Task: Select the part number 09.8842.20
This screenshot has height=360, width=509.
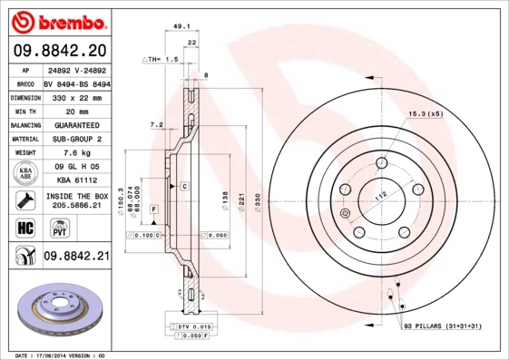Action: tap(60, 50)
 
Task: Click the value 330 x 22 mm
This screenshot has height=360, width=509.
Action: tap(75, 96)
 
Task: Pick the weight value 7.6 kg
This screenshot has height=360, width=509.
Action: tap(75, 153)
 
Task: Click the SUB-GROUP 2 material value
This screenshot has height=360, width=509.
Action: tap(75, 139)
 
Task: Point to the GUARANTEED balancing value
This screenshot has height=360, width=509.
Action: tap(75, 124)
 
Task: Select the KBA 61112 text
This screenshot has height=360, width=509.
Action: tap(75, 180)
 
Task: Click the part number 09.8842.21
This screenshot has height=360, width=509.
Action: tap(76, 257)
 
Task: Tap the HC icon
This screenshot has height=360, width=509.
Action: tap(25, 227)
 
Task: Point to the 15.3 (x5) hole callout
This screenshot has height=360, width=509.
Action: tap(426, 113)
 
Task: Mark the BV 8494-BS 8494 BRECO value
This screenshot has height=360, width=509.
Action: tap(77, 82)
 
